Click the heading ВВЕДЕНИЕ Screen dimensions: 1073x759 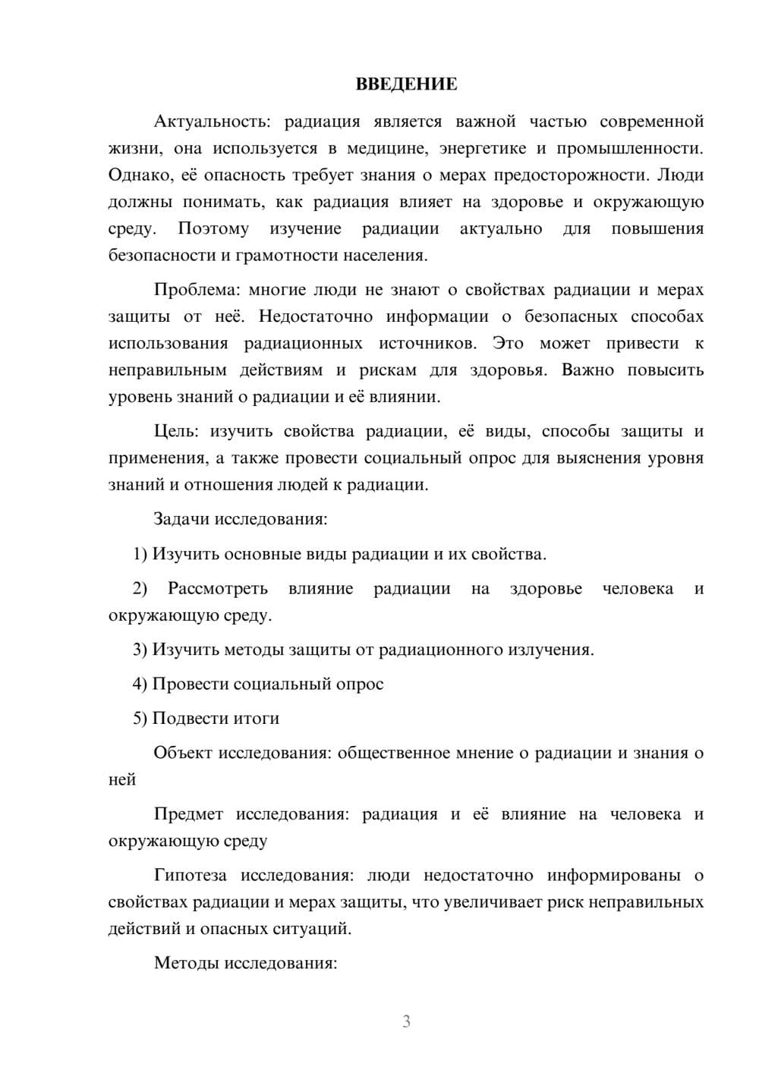click(406, 84)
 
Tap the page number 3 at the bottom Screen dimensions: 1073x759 click(406, 1021)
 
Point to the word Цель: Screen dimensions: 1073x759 click(176, 432)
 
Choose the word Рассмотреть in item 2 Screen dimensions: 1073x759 click(218, 589)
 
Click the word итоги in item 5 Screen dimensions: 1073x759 click(259, 719)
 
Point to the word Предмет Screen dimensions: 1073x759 click(188, 814)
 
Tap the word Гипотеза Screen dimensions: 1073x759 click(190, 876)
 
